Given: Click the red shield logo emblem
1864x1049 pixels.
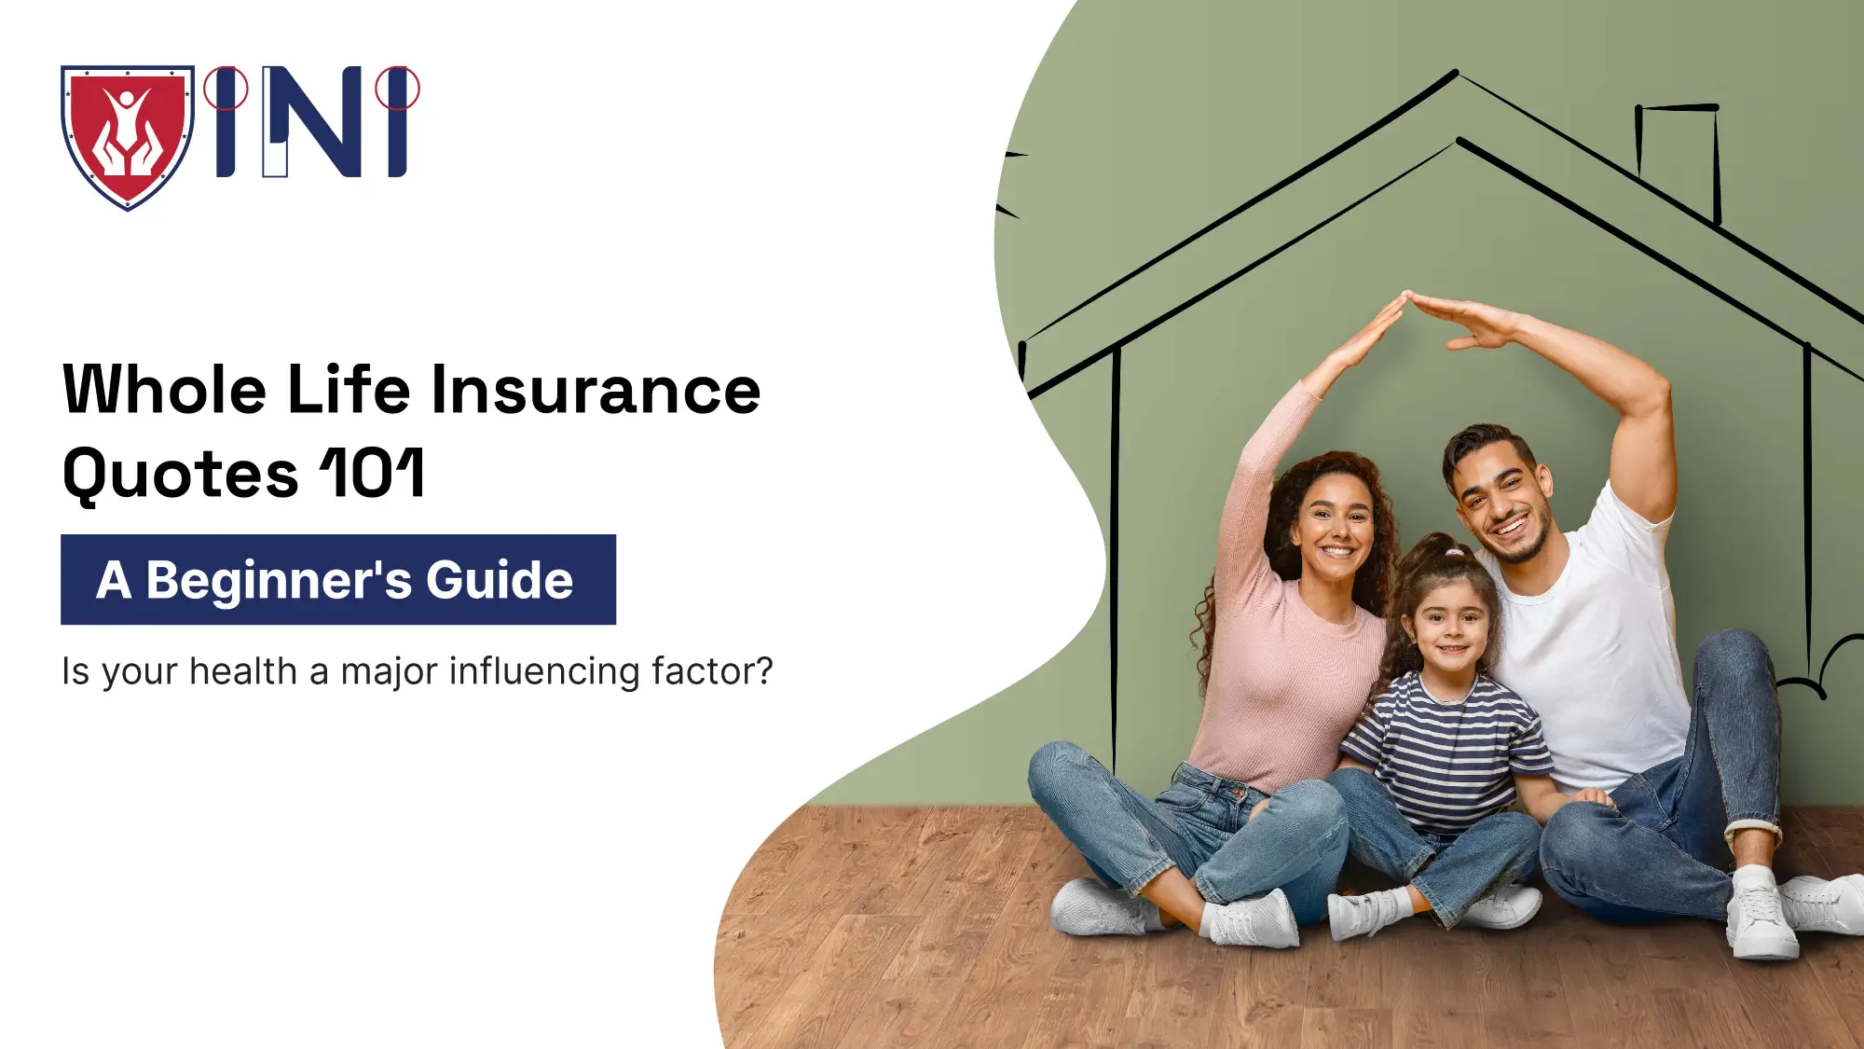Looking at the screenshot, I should click(128, 136).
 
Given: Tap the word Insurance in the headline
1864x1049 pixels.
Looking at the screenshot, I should click(596, 390).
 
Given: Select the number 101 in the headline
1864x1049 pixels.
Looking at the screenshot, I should click(373, 474).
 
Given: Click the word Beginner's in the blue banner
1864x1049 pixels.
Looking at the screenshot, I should click(279, 580).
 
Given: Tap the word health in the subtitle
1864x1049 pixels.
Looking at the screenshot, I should click(243, 671).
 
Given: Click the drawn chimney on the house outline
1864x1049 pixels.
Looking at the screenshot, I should click(1679, 159).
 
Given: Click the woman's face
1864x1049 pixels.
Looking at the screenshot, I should click(1336, 528).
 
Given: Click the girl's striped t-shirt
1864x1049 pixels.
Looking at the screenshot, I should click(1445, 746).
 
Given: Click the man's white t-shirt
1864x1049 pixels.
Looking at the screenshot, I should click(1584, 653).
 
